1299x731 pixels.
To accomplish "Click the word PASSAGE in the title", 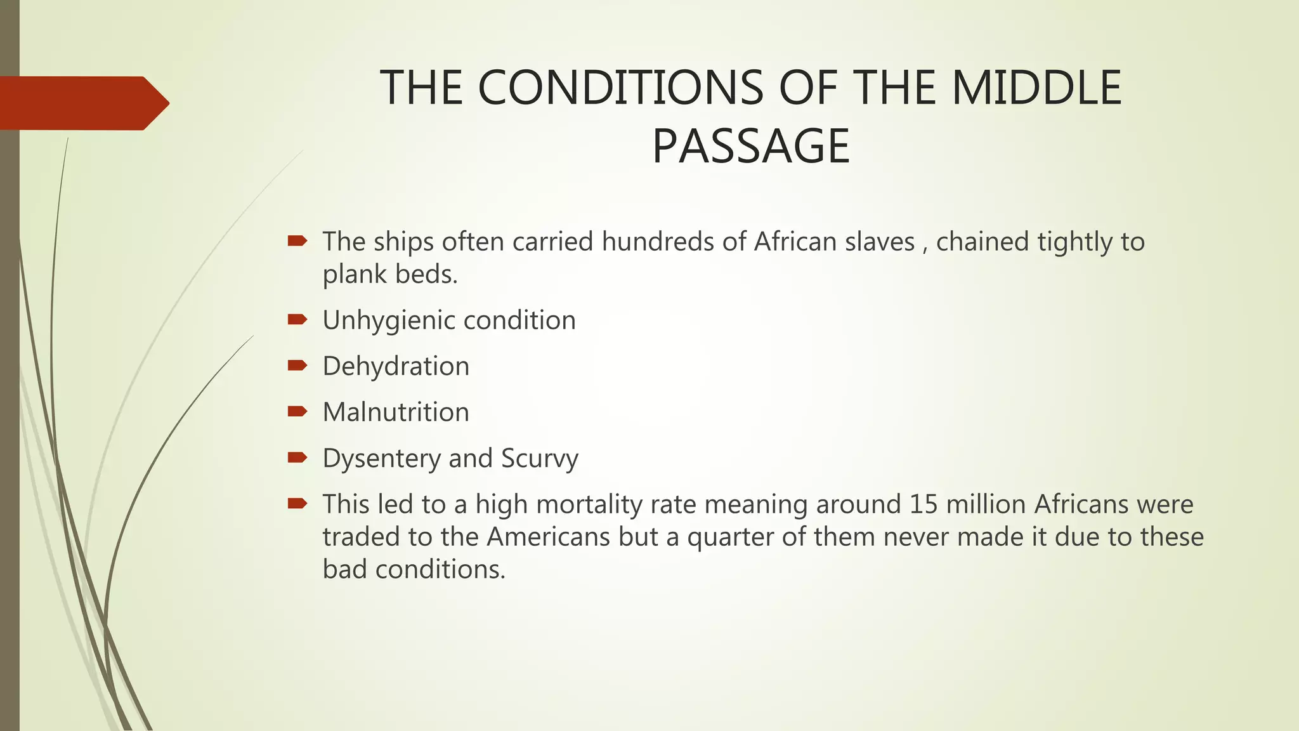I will (751, 147).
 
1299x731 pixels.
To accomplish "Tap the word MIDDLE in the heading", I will (1036, 88).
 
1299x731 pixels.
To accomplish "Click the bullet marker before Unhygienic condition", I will (297, 319).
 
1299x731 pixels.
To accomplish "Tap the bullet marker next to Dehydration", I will (297, 365).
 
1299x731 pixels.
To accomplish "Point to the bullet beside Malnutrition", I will (297, 411).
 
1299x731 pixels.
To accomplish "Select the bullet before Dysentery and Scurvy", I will (297, 458).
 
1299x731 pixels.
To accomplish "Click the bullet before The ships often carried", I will (297, 240).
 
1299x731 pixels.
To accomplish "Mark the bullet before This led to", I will (297, 504).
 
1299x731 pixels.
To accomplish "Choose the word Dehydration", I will (396, 367).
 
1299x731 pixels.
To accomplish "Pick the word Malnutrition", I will (396, 412).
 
